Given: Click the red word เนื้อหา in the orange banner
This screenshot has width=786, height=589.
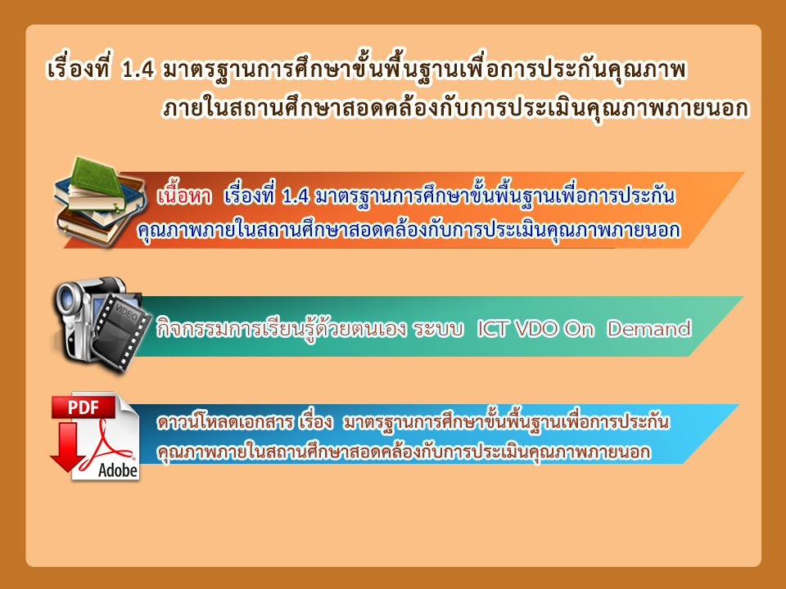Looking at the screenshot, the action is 184,196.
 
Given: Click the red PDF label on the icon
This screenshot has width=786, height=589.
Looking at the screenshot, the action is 84,407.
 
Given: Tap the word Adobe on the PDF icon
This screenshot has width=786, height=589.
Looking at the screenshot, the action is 118,470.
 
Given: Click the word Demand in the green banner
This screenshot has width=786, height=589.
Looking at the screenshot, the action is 648,329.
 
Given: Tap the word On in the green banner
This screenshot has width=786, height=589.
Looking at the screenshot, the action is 579,329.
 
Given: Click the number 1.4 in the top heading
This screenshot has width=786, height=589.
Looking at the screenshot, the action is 138,70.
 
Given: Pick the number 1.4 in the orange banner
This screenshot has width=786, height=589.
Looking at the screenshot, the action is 296,196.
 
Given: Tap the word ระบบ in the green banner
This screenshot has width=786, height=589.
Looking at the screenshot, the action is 438,329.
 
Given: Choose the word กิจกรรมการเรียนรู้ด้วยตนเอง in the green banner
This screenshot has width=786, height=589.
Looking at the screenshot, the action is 281,328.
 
